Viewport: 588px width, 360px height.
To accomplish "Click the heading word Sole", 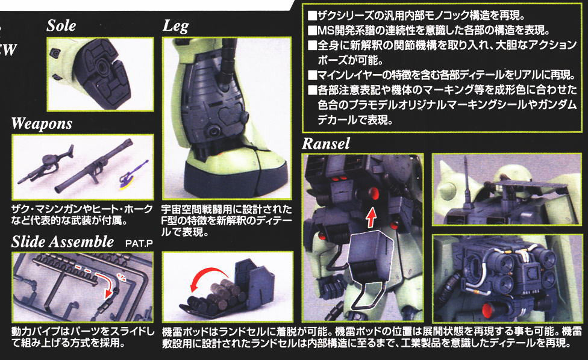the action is (61, 25).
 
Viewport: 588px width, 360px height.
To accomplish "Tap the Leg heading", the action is (175, 26).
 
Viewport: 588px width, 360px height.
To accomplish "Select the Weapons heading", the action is (42, 123).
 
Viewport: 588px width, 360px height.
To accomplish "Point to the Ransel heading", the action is (326, 143).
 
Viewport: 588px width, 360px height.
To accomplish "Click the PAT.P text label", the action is (139, 243).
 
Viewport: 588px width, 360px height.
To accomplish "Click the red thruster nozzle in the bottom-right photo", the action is (487, 310).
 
